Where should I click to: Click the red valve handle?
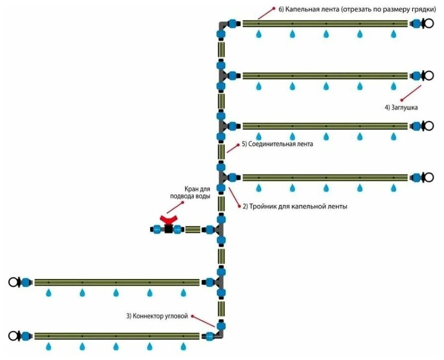[x=169, y=219]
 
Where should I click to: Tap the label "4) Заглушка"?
[x=401, y=107]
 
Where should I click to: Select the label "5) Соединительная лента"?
[x=277, y=145]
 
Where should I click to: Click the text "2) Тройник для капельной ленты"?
[x=295, y=206]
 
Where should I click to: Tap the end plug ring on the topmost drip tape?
[x=427, y=23]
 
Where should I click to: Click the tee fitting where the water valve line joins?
[x=220, y=230]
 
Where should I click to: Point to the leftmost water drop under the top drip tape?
[x=258, y=34]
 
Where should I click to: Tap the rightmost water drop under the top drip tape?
[x=394, y=34]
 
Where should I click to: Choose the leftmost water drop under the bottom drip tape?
[x=49, y=346]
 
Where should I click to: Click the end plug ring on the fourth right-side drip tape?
[x=427, y=177]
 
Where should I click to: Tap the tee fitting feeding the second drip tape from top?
[x=221, y=76]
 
